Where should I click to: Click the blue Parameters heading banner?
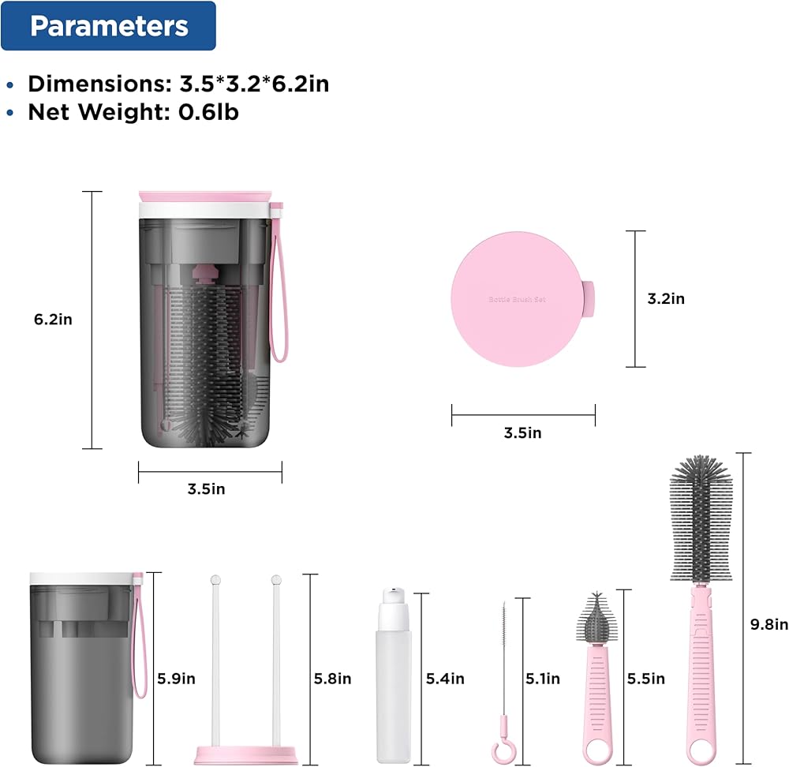[108, 26]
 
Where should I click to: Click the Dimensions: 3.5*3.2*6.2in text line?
[178, 84]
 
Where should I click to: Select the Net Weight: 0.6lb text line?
[133, 112]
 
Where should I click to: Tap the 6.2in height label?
[53, 320]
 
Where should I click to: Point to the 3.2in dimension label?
[666, 299]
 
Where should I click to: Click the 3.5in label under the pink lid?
[523, 433]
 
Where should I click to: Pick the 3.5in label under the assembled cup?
[206, 488]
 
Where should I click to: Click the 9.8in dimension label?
[768, 625]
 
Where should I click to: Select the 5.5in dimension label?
[645, 679]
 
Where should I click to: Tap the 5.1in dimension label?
[543, 679]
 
